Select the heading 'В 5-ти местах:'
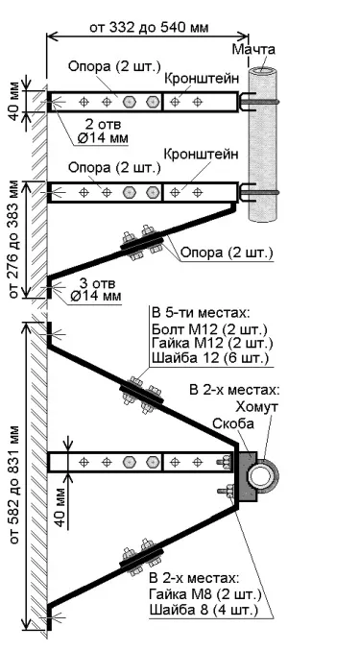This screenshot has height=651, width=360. [197, 313]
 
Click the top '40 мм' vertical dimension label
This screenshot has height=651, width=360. [13, 99]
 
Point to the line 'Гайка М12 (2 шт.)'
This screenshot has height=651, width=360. [213, 344]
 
